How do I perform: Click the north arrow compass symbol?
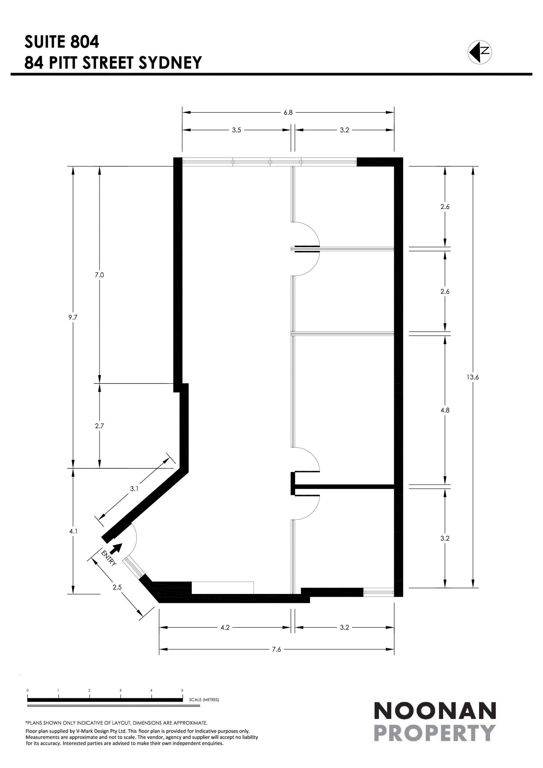pyautogui.click(x=479, y=52)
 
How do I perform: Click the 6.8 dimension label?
pyautogui.click(x=288, y=113)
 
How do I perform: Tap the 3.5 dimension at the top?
pyautogui.click(x=236, y=130)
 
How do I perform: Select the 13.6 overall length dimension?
pyautogui.click(x=473, y=377)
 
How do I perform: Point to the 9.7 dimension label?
pyautogui.click(x=73, y=317)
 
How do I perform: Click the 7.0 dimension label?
pyautogui.click(x=99, y=275)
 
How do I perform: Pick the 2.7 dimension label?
pyautogui.click(x=99, y=426)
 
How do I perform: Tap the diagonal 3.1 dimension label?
pyautogui.click(x=134, y=489)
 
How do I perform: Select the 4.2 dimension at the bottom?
pyautogui.click(x=225, y=627)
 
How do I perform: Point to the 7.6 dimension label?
pyautogui.click(x=277, y=649)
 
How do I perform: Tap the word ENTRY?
pyautogui.click(x=109, y=558)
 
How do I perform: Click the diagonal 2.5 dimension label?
pyautogui.click(x=117, y=587)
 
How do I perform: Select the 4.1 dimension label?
pyautogui.click(x=73, y=531)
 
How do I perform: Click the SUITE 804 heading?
pyautogui.click(x=62, y=42)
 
